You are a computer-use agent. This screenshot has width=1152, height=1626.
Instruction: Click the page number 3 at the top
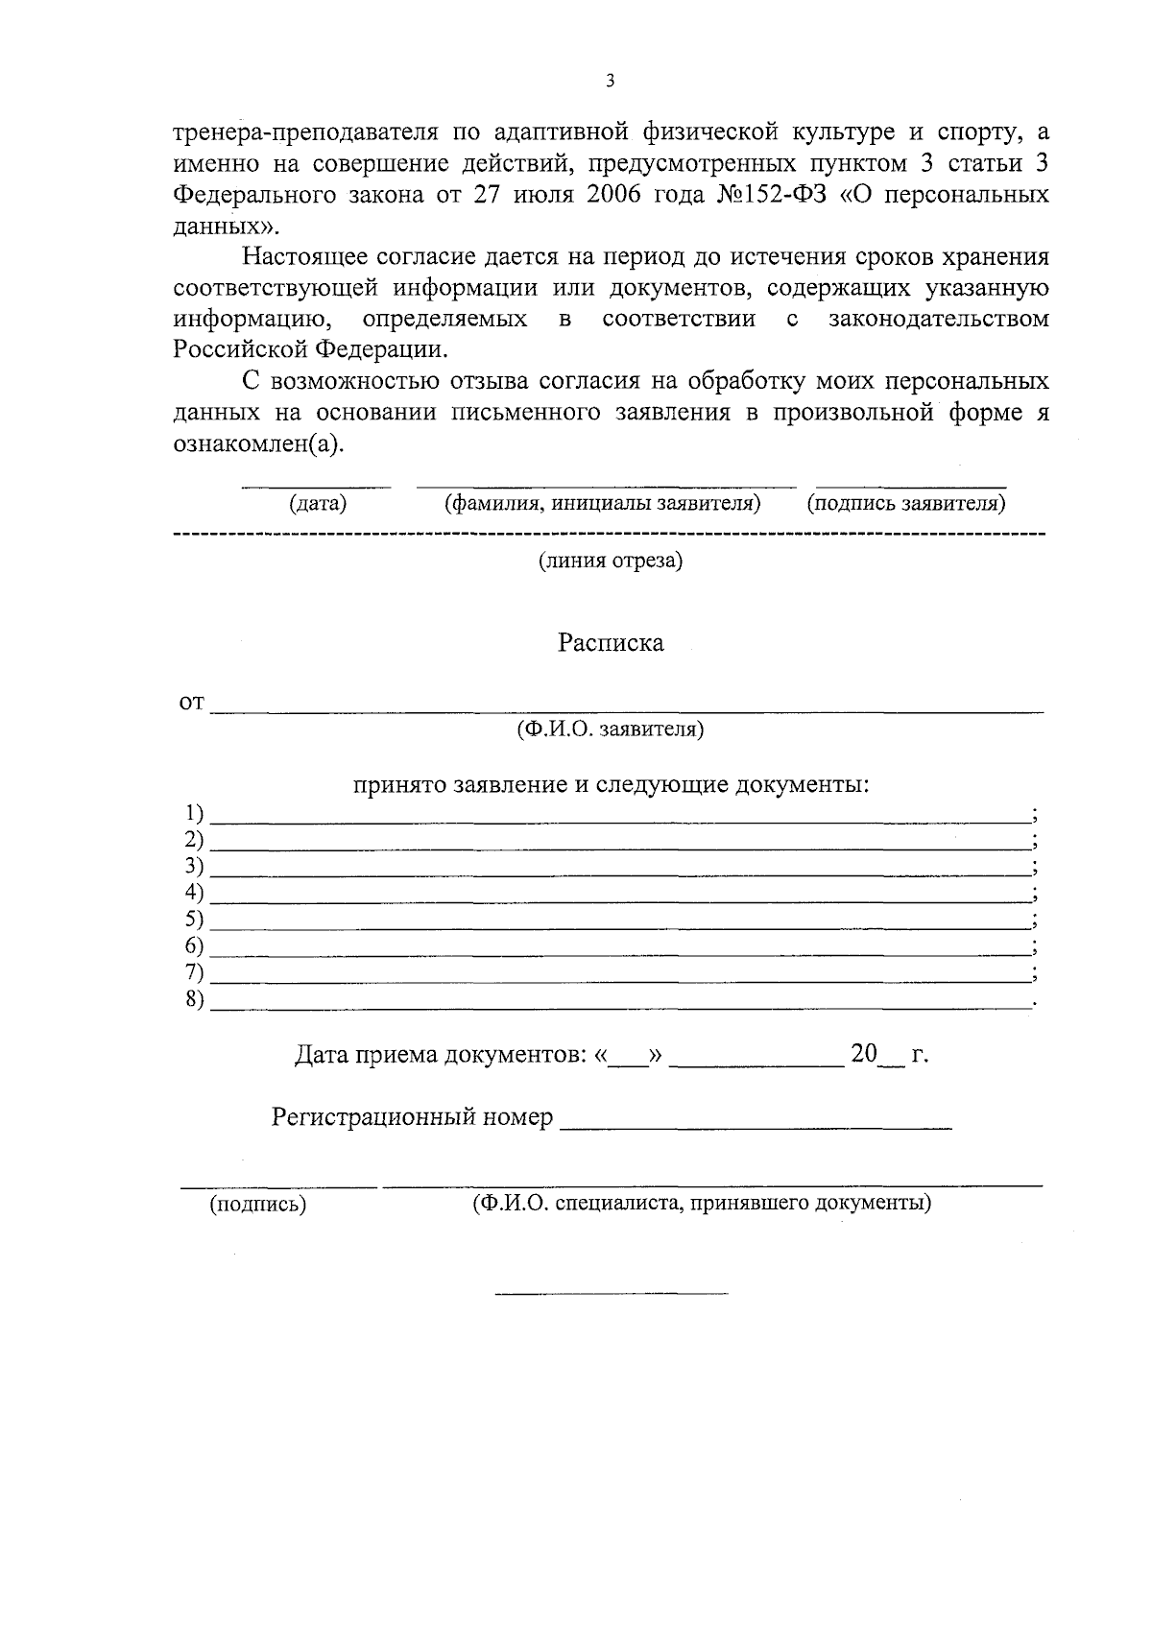point(611,82)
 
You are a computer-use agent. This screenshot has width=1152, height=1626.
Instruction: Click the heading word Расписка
point(611,643)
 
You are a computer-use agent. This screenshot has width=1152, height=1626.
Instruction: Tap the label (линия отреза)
point(611,561)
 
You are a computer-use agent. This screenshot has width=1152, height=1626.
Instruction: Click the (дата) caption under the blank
point(318,503)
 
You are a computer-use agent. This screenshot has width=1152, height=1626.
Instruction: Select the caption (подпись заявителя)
point(906,503)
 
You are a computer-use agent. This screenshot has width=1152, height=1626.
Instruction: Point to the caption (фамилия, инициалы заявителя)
point(603,503)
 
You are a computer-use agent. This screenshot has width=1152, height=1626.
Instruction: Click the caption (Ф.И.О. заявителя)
point(611,729)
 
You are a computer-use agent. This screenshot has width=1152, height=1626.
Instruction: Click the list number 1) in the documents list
point(195,814)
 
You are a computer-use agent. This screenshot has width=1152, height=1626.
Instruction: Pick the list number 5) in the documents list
point(195,920)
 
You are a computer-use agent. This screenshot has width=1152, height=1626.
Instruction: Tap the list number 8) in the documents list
point(195,999)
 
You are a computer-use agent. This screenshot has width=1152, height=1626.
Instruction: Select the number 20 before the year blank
point(864,1055)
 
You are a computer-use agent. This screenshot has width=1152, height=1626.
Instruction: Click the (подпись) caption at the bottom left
point(258,1205)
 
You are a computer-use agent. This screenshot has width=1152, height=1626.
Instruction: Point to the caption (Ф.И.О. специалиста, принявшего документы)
point(702,1203)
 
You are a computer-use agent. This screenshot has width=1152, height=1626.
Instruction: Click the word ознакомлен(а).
point(257,443)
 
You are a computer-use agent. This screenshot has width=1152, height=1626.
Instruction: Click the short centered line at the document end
point(612,1294)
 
